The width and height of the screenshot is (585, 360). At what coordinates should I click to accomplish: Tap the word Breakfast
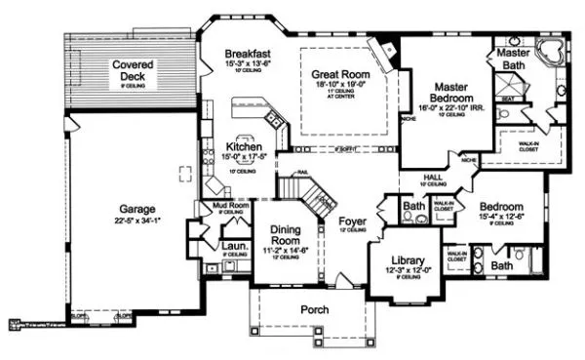pos(248,53)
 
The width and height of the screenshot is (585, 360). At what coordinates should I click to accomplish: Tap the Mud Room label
pos(225,206)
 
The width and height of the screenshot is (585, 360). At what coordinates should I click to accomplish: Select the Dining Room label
pos(287,233)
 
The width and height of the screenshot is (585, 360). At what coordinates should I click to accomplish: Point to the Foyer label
pos(352,222)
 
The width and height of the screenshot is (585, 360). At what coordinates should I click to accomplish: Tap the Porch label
pos(314,309)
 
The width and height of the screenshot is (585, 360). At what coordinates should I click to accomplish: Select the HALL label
pos(433,177)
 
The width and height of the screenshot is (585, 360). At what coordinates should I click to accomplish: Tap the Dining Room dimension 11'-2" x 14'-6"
pos(287,250)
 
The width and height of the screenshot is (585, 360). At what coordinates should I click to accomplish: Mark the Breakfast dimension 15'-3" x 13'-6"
pos(248,63)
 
